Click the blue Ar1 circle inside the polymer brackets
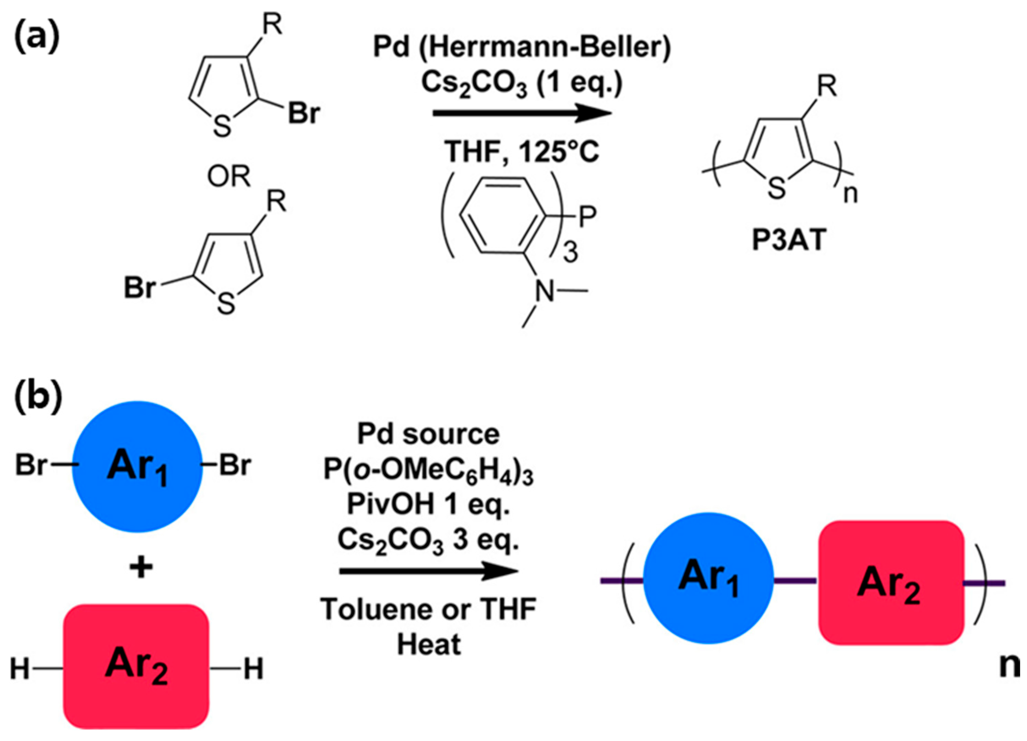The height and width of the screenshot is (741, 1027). (708, 578)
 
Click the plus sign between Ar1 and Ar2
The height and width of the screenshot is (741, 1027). (141, 567)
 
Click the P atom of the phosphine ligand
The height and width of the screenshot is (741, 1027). (587, 217)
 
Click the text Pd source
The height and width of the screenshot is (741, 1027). (428, 434)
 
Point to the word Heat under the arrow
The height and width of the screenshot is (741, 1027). (428, 645)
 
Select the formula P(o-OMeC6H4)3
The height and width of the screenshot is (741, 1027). (428, 470)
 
